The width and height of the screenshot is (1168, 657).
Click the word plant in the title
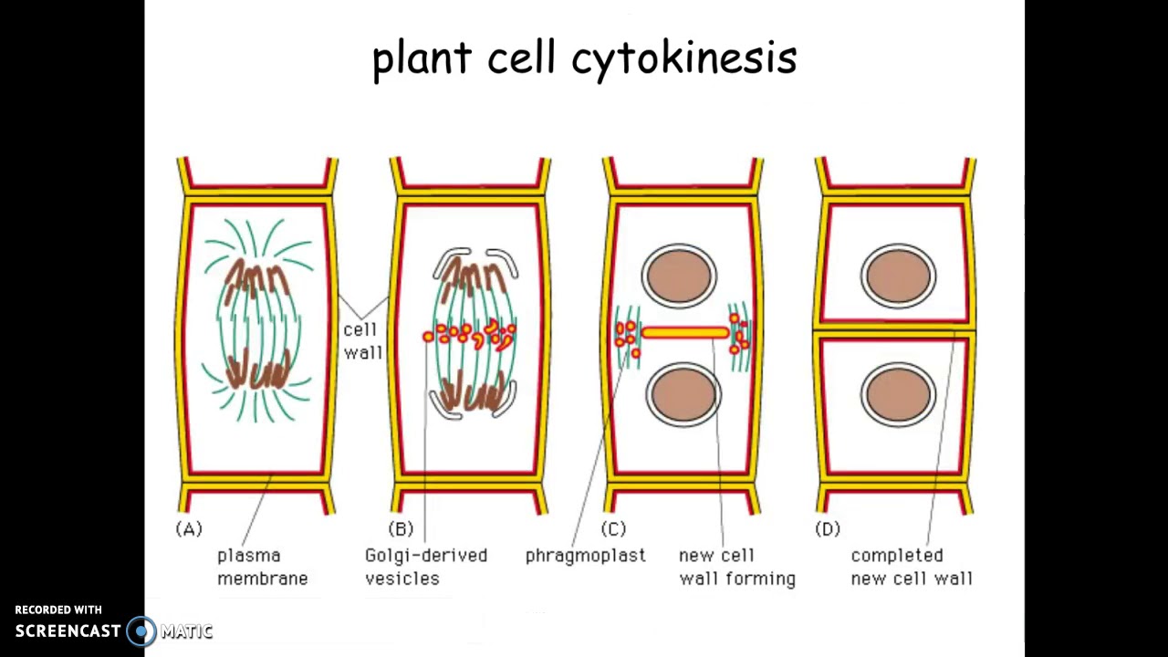tap(422, 58)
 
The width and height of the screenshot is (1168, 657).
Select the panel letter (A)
tap(189, 529)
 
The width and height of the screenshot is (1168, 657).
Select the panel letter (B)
tap(401, 529)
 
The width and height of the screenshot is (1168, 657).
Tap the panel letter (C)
tap(613, 529)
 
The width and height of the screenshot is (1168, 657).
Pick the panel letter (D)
tap(827, 529)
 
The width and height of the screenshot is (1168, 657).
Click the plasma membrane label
tap(262, 567)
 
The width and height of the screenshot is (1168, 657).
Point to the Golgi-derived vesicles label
tap(425, 567)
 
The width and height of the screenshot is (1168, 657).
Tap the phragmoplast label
tap(585, 556)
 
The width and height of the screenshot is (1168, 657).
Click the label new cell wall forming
tap(736, 567)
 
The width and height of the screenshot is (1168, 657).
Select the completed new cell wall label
tap(911, 567)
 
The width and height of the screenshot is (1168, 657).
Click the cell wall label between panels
tap(362, 340)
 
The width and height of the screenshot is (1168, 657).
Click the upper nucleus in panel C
tap(680, 275)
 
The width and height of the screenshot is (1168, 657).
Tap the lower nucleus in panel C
tap(683, 394)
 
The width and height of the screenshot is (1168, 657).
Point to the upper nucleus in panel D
tap(899, 275)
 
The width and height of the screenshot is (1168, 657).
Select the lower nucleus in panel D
tap(899, 394)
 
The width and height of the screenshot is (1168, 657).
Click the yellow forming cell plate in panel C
tap(684, 334)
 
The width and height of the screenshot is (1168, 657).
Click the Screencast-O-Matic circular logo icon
tap(141, 631)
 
